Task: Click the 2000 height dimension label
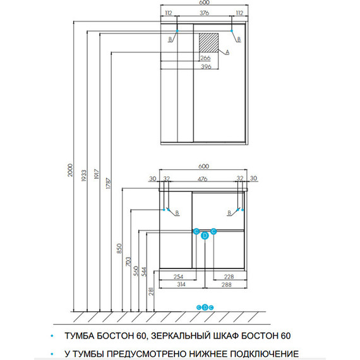point(70,170)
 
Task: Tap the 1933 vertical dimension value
point(84,176)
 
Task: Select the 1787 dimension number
point(109,183)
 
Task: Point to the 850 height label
point(119,248)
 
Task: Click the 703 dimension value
point(128,261)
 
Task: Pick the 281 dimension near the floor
point(151,291)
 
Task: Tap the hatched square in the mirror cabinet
point(208,43)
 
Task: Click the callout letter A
point(227,52)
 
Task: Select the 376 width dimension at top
point(204,13)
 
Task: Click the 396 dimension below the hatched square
point(206,66)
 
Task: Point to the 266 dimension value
point(205,58)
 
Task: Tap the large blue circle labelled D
point(205,236)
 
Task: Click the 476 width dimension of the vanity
point(202,179)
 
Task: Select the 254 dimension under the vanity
point(178,277)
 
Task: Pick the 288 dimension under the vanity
point(226,285)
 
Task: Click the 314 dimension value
point(181,284)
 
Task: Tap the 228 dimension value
point(229,277)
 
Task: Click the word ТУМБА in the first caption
point(79,335)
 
